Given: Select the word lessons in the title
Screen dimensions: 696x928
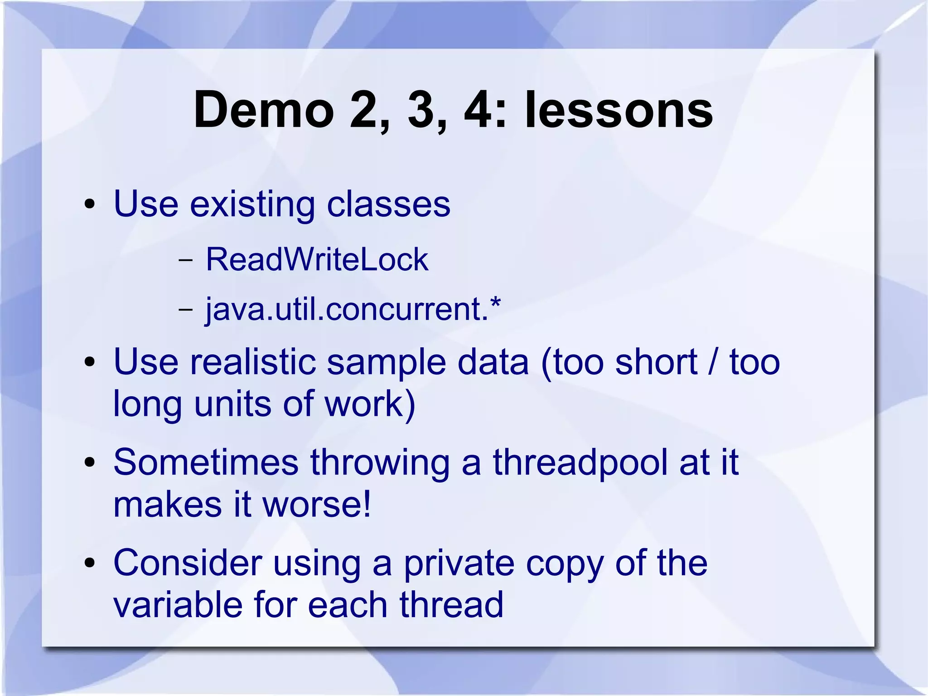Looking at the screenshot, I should click(x=619, y=110).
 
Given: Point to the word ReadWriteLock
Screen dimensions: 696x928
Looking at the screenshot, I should click(x=317, y=259).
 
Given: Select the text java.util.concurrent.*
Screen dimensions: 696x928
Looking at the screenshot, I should click(x=353, y=309).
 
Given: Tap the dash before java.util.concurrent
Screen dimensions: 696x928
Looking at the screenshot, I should click(x=185, y=310).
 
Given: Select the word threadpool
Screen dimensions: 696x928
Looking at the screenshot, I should click(x=580, y=462).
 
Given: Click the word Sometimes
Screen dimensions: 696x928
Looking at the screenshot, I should click(x=206, y=462).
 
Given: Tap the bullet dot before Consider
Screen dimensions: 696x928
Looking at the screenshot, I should click(x=90, y=564).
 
